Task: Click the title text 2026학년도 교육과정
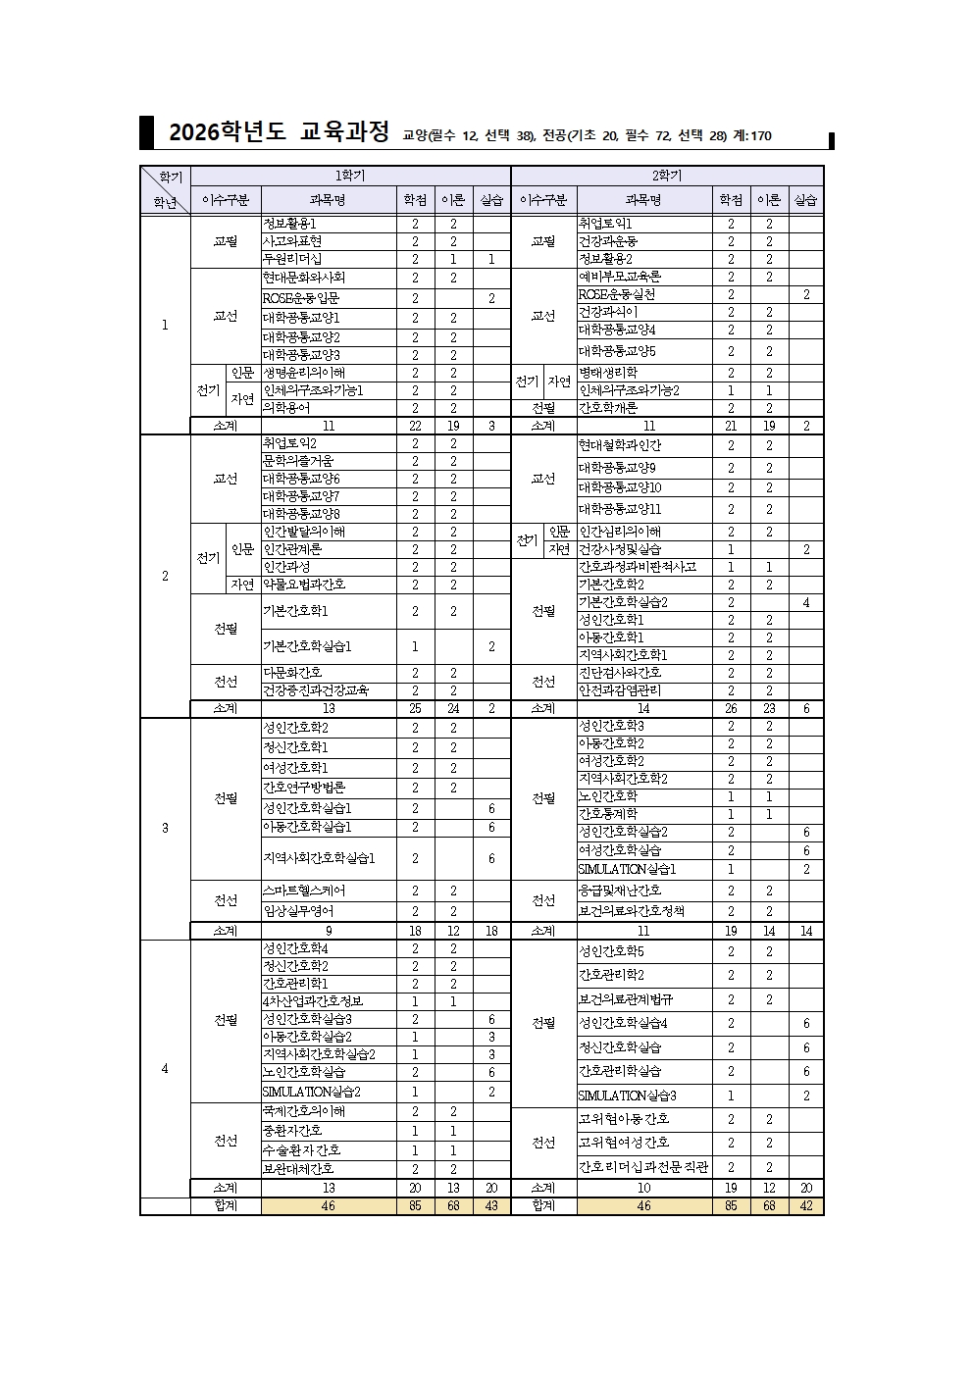[x=279, y=132]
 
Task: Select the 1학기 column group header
[x=350, y=176]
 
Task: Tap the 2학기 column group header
[x=667, y=176]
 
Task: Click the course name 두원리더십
[x=291, y=259]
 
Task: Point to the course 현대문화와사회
[x=303, y=278]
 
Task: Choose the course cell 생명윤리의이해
[x=303, y=373]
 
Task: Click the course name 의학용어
[x=285, y=408]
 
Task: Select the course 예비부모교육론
[x=620, y=278]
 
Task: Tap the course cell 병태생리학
[x=607, y=373]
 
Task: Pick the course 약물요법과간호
[x=303, y=585]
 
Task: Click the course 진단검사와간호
[x=620, y=673]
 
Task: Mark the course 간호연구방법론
[x=303, y=788]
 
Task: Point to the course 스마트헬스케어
[x=303, y=891]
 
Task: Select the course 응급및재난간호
[x=620, y=891]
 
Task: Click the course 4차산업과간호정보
[x=312, y=1001]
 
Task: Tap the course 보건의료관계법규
[x=626, y=999]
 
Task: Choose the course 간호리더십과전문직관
[x=643, y=1167]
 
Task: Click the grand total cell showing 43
[x=491, y=1206]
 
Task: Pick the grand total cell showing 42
[x=806, y=1206]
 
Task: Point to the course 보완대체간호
[x=297, y=1169]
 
